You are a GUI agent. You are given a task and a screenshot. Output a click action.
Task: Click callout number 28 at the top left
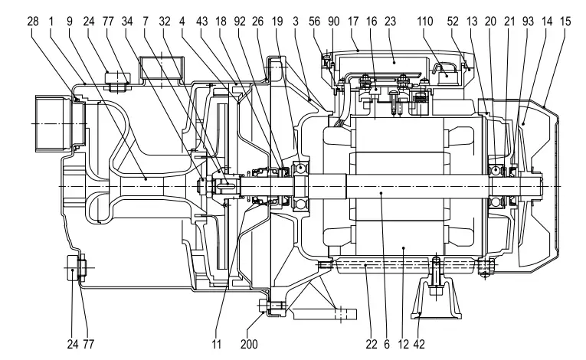click(33, 21)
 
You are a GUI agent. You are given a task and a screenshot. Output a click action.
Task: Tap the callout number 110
click(425, 21)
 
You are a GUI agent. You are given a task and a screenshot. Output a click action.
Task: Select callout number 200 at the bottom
click(249, 344)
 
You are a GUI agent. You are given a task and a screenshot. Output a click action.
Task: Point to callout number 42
click(419, 344)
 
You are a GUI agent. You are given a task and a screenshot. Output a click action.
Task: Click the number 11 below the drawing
click(217, 344)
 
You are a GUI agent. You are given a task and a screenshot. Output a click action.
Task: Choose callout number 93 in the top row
click(528, 21)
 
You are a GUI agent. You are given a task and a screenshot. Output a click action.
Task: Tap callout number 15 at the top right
click(566, 21)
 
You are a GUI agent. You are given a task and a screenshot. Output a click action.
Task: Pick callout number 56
click(315, 21)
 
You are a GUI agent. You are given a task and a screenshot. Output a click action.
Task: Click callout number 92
click(240, 21)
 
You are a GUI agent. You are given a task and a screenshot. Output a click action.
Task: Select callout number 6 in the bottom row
click(387, 344)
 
